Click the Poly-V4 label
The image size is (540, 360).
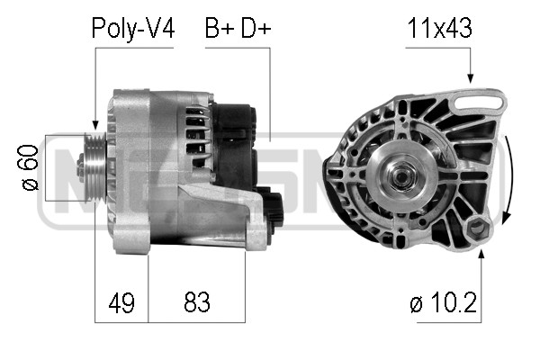tap(133, 29)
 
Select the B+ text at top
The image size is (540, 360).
tap(219, 29)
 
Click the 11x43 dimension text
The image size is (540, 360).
tap(439, 29)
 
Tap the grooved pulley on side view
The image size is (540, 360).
tap(92, 167)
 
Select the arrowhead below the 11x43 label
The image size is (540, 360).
tap(469, 80)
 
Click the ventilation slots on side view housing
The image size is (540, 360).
tap(191, 130)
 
